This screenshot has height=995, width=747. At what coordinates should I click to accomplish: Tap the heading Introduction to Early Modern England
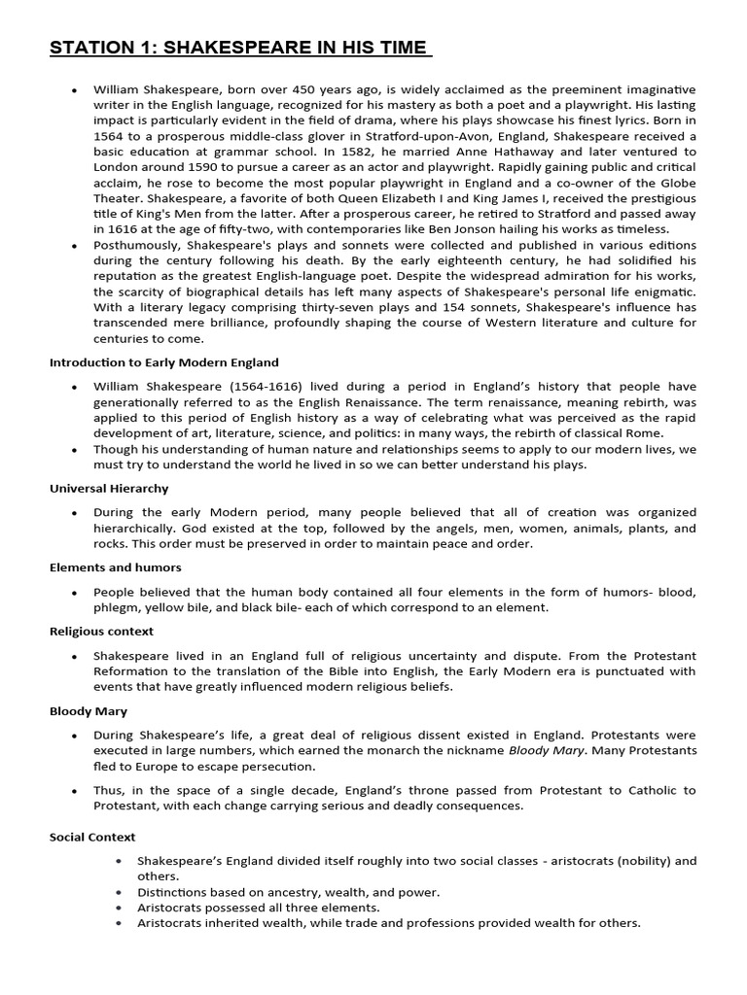point(164,362)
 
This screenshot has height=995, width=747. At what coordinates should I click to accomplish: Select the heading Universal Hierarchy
point(109,488)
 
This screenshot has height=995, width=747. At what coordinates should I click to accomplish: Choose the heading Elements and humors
point(116,566)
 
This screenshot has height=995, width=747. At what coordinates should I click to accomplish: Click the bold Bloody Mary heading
point(89,711)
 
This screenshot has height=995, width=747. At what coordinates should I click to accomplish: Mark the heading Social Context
point(92,837)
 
